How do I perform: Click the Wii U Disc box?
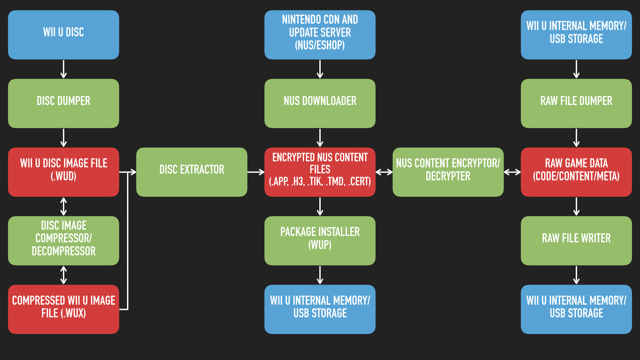(63, 35)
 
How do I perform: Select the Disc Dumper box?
(63, 103)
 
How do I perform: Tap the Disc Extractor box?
(192, 172)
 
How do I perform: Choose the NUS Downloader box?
(320, 103)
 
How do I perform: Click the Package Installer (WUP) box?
(320, 241)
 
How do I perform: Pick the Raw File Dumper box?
(576, 103)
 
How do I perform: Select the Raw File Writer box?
(576, 241)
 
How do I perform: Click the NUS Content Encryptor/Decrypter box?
(448, 172)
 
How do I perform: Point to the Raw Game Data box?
(576, 172)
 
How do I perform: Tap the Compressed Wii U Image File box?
(63, 309)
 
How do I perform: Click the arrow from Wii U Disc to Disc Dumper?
(63, 69)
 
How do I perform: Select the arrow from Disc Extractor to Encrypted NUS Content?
(256, 172)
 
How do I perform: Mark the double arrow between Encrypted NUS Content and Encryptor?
(384, 172)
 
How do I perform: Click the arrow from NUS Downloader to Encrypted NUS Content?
(320, 138)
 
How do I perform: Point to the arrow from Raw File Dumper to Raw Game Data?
(576, 138)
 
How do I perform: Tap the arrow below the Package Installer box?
(320, 275)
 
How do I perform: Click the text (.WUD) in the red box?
(63, 176)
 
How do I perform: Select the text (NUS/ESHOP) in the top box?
(320, 45)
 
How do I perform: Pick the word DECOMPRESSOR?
(63, 251)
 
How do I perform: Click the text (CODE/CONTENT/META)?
(576, 176)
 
